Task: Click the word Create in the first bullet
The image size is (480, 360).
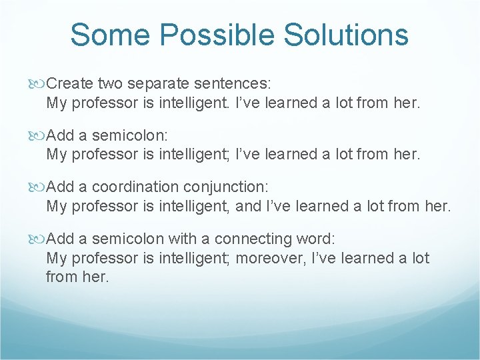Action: point(70,85)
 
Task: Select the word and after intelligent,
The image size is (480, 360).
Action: point(249,207)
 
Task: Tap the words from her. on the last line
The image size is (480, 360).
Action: point(77,277)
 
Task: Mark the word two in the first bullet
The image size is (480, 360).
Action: point(111,85)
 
